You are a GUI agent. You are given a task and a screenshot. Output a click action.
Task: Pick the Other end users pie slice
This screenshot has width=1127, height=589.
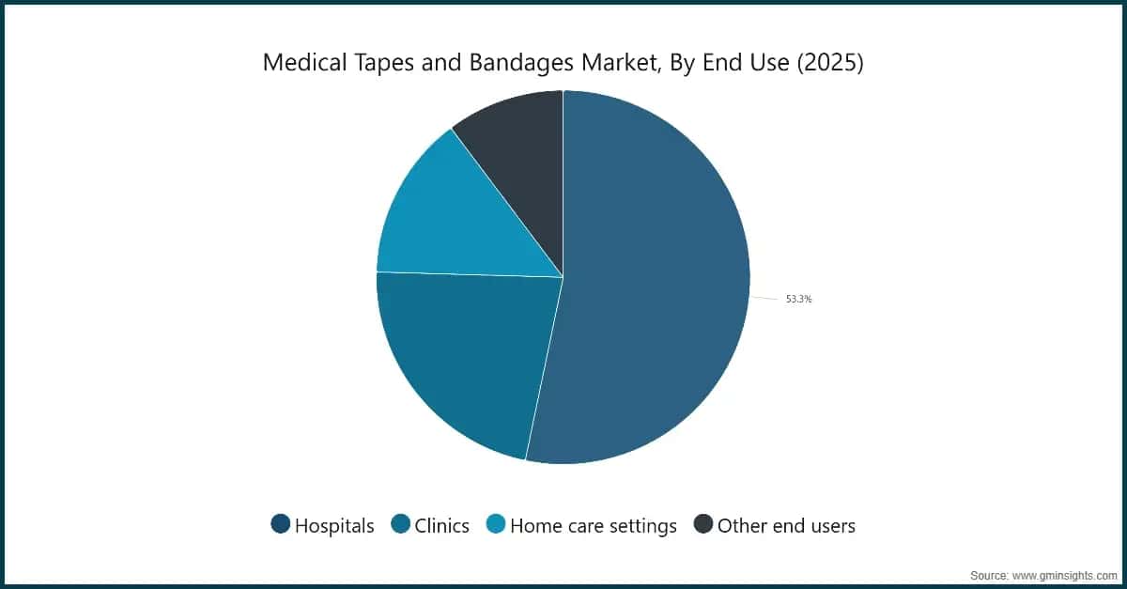(518, 161)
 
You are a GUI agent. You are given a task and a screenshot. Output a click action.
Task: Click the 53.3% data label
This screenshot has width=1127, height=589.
(799, 299)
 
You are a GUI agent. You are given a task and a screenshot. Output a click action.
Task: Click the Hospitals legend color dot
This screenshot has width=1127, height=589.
(280, 523)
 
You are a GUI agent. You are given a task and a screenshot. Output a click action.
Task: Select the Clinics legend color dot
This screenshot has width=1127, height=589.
(400, 523)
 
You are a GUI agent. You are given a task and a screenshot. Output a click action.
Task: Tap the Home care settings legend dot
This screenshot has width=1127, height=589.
(496, 523)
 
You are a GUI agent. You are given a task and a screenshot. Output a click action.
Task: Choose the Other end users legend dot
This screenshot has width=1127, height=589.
(702, 523)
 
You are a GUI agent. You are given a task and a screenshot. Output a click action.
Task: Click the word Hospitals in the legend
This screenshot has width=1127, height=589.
(334, 526)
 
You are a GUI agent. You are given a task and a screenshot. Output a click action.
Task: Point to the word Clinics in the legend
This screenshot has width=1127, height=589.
(441, 525)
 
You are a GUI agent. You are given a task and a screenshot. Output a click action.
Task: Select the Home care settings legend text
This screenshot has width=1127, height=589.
(594, 527)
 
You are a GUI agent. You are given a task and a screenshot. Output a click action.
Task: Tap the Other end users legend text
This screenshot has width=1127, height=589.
(786, 525)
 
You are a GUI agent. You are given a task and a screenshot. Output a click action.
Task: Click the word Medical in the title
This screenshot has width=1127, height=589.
(305, 62)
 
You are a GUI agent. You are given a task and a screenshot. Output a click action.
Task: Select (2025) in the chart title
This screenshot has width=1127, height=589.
(830, 63)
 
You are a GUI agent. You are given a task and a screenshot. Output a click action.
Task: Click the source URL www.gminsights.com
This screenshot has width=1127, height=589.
(1065, 576)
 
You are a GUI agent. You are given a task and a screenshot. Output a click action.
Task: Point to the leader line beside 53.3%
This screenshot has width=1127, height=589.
(764, 299)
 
